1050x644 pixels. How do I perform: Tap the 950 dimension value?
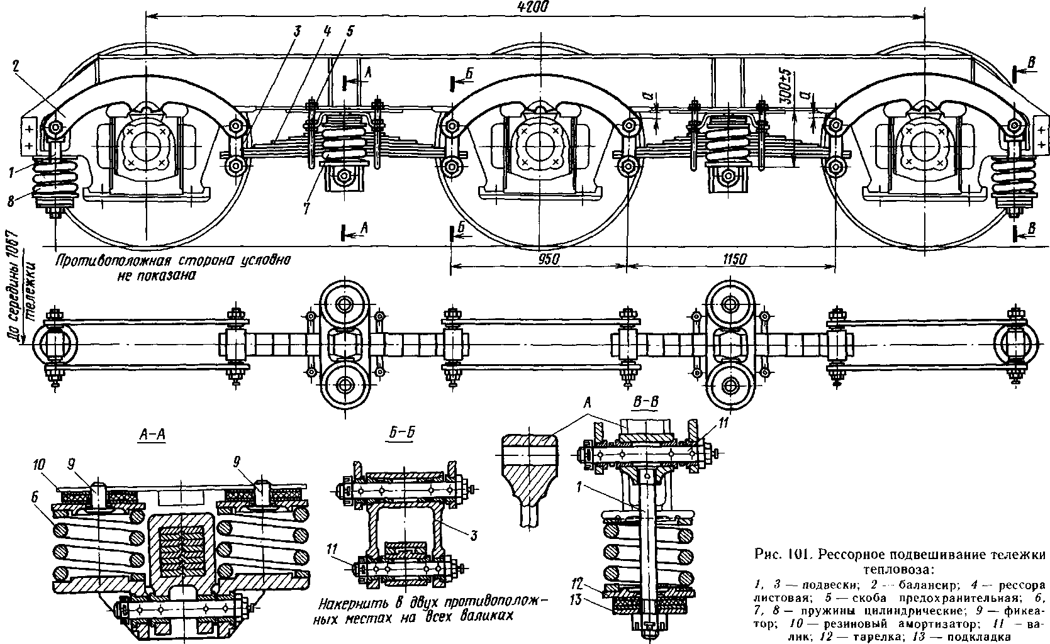click(548, 258)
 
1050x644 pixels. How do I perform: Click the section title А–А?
click(152, 435)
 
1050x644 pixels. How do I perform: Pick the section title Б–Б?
click(402, 433)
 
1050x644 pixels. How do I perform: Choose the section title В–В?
click(645, 402)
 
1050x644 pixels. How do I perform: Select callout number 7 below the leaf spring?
click(306, 208)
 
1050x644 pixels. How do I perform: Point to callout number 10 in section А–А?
click(39, 465)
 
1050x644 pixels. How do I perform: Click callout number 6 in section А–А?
click(35, 497)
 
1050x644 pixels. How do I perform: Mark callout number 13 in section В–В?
click(576, 599)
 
